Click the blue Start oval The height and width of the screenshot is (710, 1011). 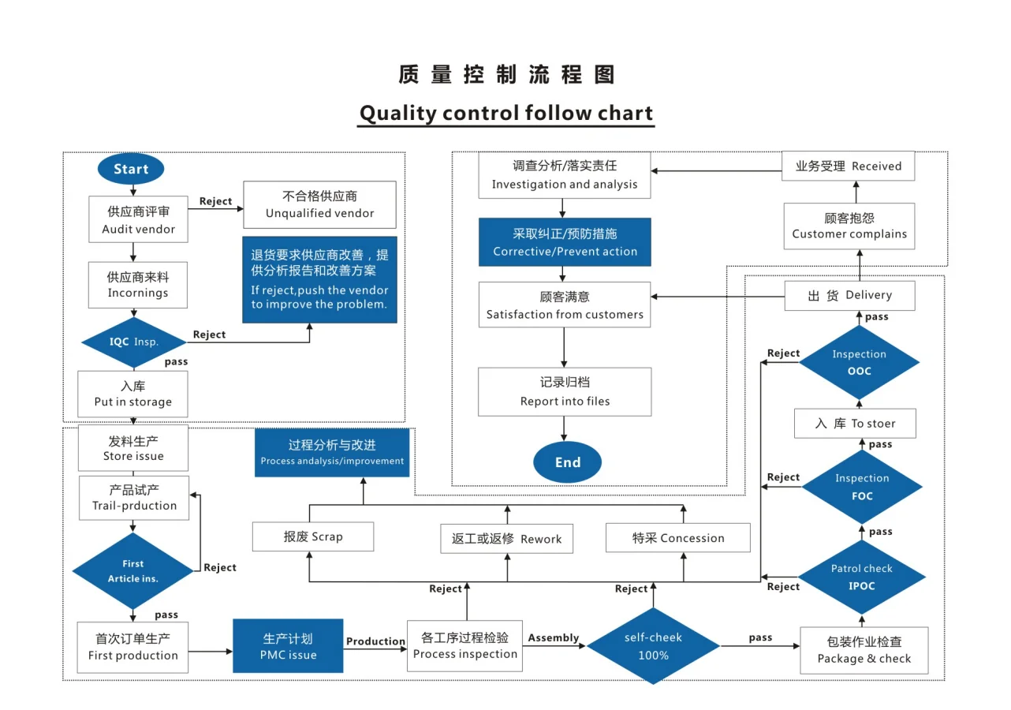[131, 169]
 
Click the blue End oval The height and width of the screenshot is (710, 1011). [567, 462]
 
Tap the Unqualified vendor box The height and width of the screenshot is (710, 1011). [319, 204]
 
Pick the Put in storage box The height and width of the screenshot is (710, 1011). [132, 394]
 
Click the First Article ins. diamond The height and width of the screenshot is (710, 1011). [132, 571]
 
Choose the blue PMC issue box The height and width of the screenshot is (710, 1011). [288, 646]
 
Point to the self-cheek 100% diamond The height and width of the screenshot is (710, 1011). [653, 646]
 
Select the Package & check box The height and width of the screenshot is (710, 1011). [864, 650]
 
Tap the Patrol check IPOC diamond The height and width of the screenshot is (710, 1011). [861, 577]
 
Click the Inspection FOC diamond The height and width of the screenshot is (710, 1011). [861, 487]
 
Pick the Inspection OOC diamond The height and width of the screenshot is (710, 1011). [859, 362]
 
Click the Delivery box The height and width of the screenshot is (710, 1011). [849, 295]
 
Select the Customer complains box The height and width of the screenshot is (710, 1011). [849, 226]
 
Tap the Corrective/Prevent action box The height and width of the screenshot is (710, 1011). [565, 242]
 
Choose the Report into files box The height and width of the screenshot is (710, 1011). [565, 391]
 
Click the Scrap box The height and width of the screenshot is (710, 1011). [313, 536]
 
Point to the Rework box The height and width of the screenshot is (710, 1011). [506, 539]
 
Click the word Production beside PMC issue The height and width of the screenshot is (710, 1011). [375, 641]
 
